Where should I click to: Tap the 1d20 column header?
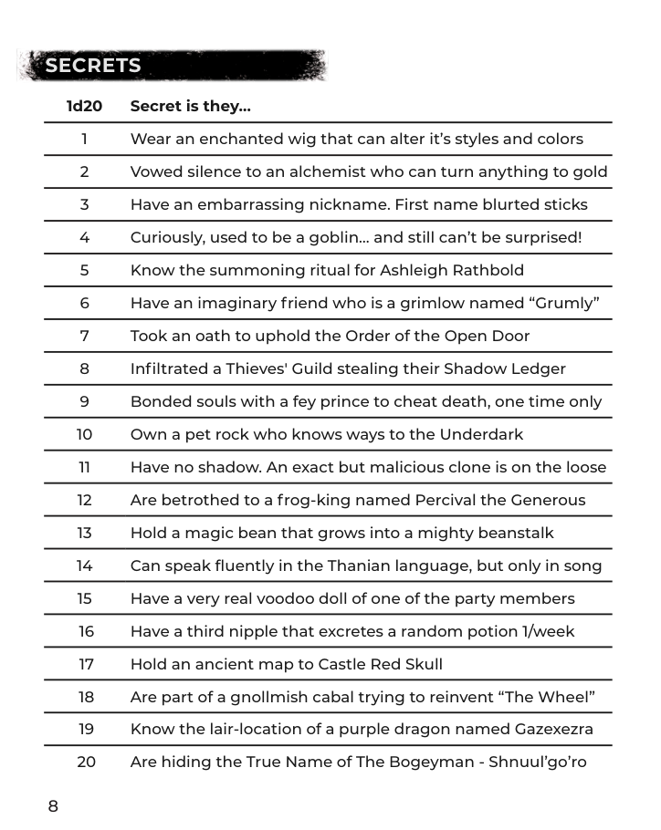click(x=84, y=107)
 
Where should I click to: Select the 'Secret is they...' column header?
click(x=190, y=107)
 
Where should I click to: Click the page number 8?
click(x=53, y=805)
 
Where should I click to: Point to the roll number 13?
click(x=84, y=533)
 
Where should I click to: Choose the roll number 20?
click(x=85, y=762)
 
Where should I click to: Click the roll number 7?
click(x=84, y=336)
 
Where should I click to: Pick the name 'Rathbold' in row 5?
click(x=492, y=271)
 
